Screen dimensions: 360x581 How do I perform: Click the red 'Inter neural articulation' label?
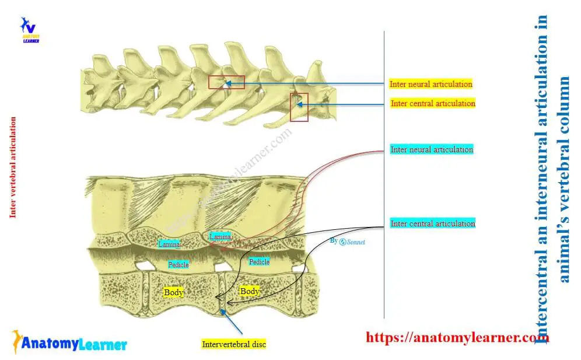pos(431,84)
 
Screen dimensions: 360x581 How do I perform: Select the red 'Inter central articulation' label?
pos(433,103)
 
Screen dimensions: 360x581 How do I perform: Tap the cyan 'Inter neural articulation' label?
pos(432,149)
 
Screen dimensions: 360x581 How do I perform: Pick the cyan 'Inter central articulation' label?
pos(433,223)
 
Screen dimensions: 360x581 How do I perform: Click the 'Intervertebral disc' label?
pos(233,344)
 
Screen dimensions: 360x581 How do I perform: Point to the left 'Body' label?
pos(174,292)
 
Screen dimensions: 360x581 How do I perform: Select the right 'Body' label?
pos(250,291)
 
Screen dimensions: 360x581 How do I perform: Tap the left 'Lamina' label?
pos(169,244)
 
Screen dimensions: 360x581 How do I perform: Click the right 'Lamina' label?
pos(220,237)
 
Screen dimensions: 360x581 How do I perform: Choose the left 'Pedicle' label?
pos(178,265)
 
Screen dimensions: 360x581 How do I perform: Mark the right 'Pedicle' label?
pos(259,262)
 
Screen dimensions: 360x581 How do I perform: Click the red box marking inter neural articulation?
pos(218,82)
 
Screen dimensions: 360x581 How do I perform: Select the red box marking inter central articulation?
pos(299,107)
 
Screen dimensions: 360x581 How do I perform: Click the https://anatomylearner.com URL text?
pos(457,337)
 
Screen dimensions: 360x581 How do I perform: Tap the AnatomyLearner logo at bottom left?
pos(69,343)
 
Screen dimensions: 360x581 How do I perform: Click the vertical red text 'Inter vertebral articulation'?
pos(13,167)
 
